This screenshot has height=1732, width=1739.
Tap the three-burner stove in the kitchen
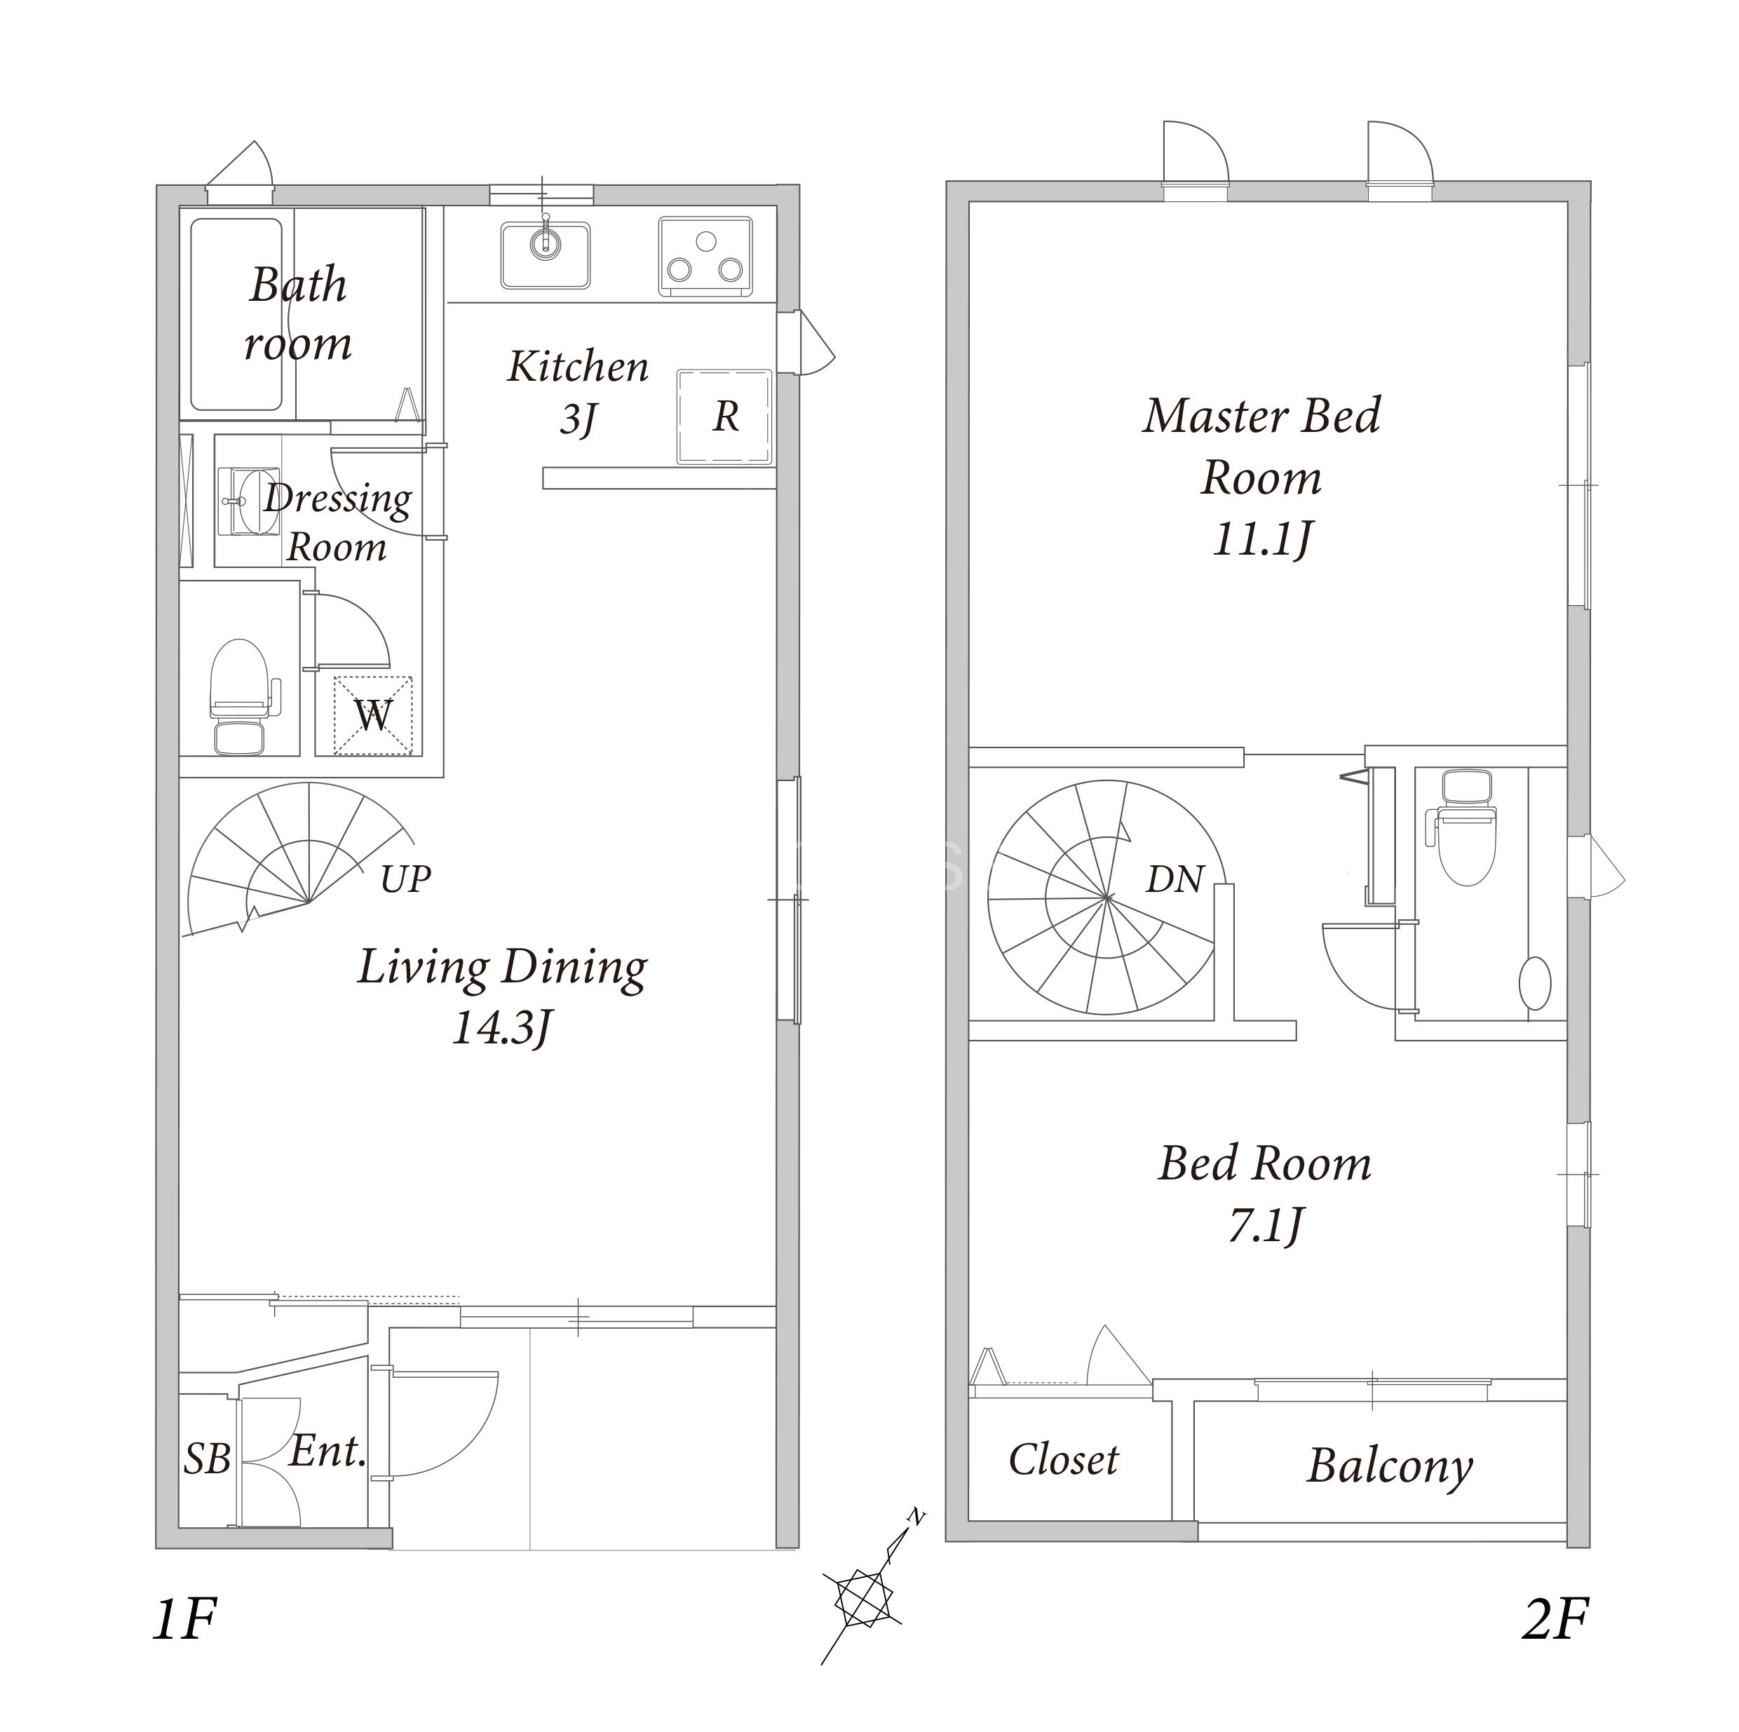click(x=705, y=257)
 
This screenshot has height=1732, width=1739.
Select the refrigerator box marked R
click(x=724, y=416)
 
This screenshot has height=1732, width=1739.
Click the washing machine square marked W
click(x=372, y=716)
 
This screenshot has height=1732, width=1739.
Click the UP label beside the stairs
click(x=405, y=879)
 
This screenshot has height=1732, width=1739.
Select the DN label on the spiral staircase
click(x=1175, y=879)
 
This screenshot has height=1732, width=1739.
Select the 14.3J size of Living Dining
click(x=501, y=1027)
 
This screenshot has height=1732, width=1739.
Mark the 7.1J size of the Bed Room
click(x=1266, y=1225)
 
